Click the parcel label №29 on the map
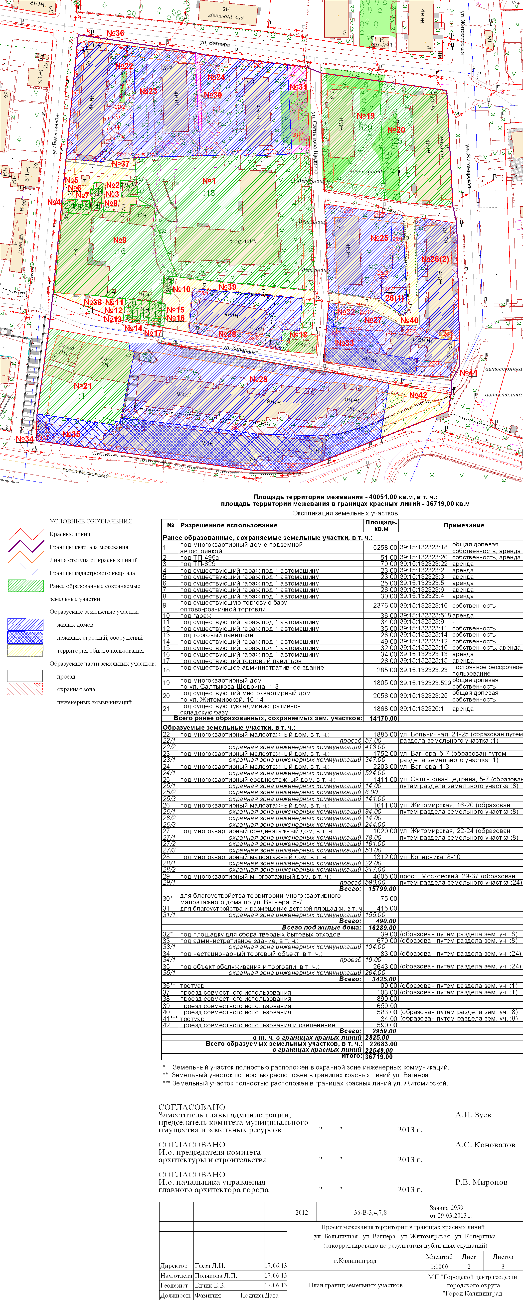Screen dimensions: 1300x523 click(x=258, y=379)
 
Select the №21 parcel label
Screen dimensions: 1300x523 click(x=83, y=385)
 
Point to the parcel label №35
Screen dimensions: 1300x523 click(x=71, y=434)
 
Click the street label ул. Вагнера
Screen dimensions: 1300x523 click(x=214, y=43)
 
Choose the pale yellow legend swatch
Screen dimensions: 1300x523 click(x=25, y=651)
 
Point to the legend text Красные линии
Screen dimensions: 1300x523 click(x=70, y=534)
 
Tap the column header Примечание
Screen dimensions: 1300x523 click(x=463, y=525)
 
